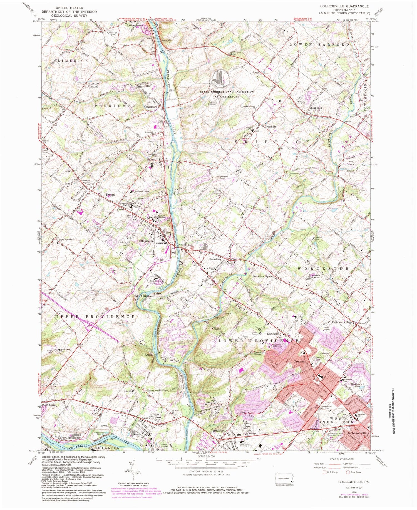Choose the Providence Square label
click(x=262, y=277)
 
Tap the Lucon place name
click(x=256, y=73)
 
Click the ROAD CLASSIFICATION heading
click(x=342, y=459)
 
